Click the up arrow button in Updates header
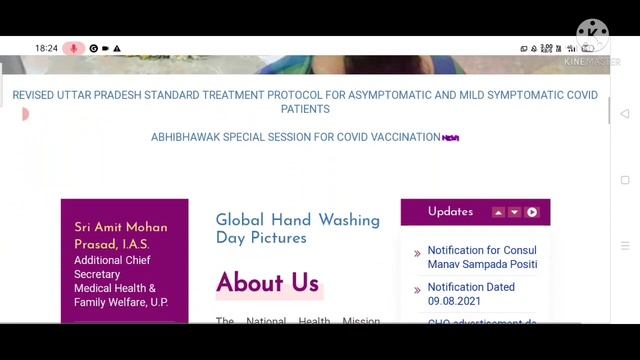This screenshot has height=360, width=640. pyautogui.click(x=498, y=212)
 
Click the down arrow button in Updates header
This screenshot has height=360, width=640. pyautogui.click(x=514, y=212)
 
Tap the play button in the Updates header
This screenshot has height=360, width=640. pyautogui.click(x=532, y=212)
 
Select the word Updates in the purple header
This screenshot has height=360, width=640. pyautogui.click(x=450, y=212)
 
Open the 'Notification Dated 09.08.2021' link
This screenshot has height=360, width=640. pyautogui.click(x=471, y=294)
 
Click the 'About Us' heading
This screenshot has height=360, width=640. pyautogui.click(x=267, y=283)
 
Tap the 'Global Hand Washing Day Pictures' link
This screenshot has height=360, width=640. pyautogui.click(x=297, y=229)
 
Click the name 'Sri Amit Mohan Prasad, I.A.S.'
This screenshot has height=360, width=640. pyautogui.click(x=120, y=236)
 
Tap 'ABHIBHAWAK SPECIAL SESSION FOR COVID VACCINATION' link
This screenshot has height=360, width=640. pyautogui.click(x=295, y=137)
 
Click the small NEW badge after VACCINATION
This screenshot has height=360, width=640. pyautogui.click(x=451, y=138)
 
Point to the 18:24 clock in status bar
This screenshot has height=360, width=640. pyautogui.click(x=46, y=48)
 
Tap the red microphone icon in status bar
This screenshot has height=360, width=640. pyautogui.click(x=73, y=48)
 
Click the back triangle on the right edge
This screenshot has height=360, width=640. pyautogui.click(x=625, y=113)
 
